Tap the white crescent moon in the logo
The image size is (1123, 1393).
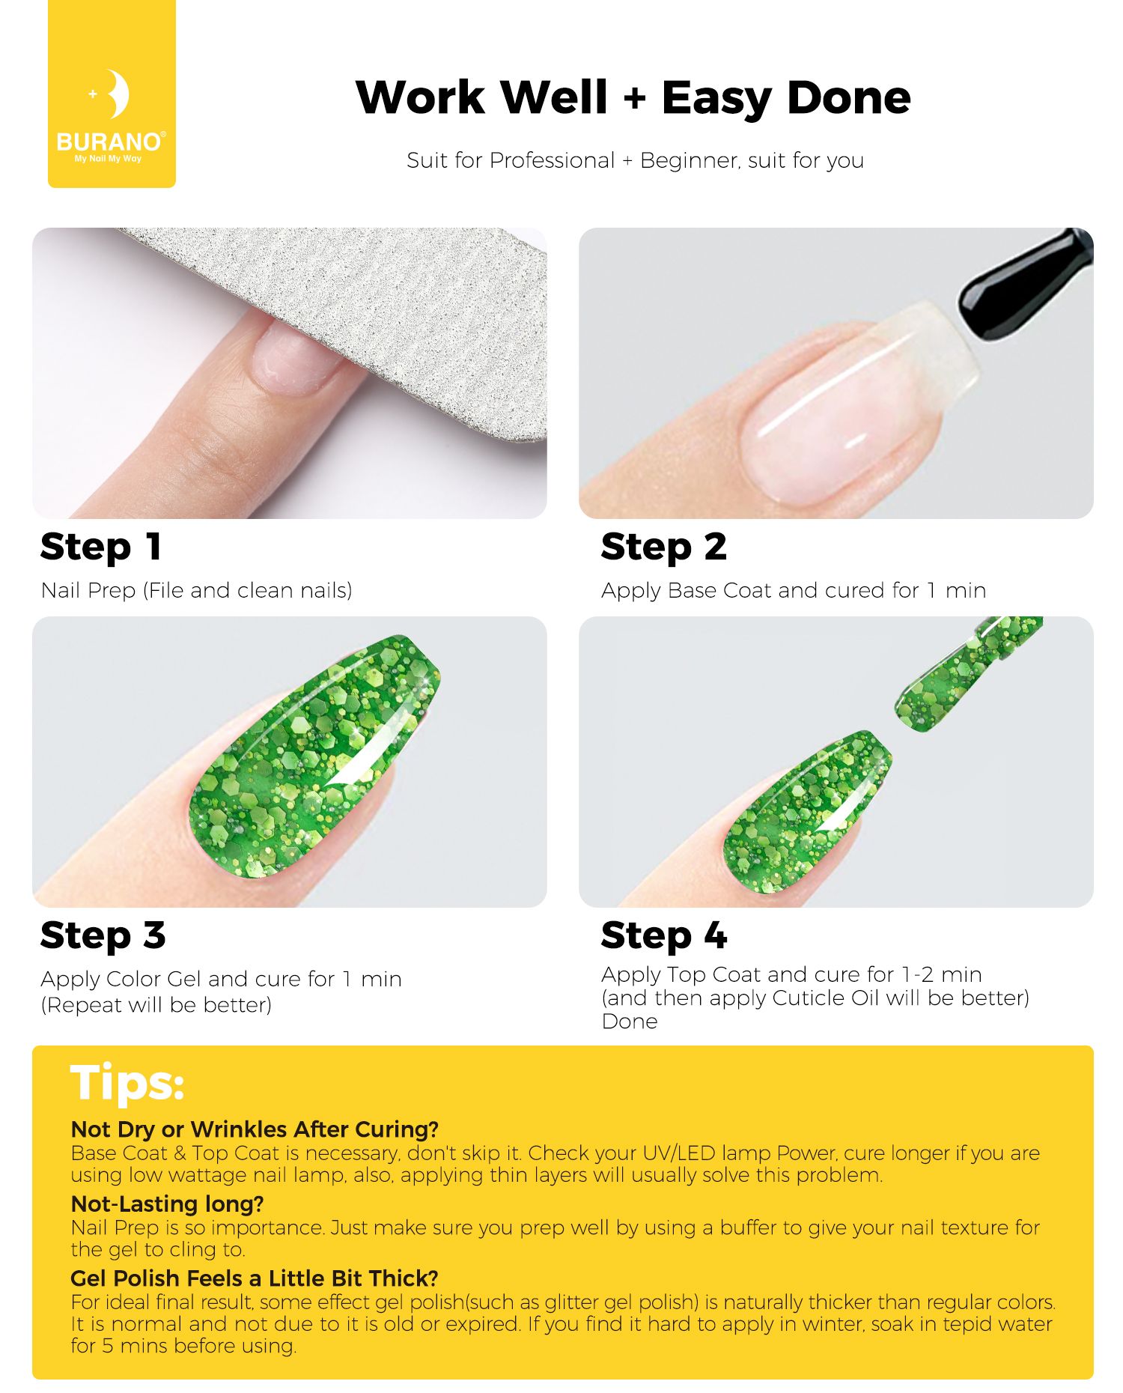click(117, 94)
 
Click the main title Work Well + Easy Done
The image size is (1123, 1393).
click(633, 98)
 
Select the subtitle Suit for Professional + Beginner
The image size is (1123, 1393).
click(635, 160)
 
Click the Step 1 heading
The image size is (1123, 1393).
click(101, 547)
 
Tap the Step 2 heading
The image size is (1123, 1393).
click(663, 547)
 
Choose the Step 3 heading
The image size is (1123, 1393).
click(103, 935)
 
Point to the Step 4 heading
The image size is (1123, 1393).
click(663, 935)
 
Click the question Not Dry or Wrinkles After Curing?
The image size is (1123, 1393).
click(255, 1129)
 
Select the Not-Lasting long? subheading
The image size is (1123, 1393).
click(167, 1204)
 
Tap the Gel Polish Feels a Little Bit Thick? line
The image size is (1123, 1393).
click(255, 1278)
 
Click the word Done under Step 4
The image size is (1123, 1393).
click(630, 1022)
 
